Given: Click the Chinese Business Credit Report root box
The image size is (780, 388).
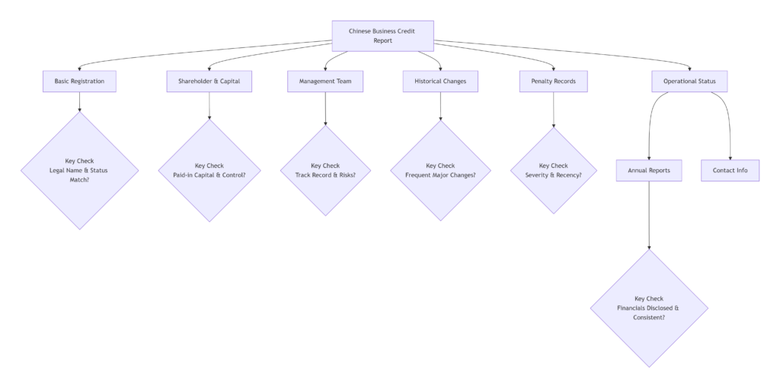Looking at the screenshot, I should pos(382,36).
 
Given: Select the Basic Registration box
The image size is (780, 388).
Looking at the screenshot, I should pos(79,81).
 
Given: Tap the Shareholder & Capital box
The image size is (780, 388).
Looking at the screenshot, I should pos(209,81).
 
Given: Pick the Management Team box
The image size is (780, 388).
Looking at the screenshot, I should pos(325,81).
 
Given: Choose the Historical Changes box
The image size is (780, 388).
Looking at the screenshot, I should pos(440,81).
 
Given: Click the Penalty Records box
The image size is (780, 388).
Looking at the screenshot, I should pos(553,81).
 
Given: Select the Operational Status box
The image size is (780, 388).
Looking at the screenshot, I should pos(689,81).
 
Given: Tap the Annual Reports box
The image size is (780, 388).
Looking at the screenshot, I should pos(649,171).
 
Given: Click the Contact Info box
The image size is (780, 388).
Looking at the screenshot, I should pos(730,171).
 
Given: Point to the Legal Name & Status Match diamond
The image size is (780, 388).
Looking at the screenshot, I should pos(79,171).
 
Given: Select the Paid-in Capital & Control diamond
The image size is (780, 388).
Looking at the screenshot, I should pos(209,171).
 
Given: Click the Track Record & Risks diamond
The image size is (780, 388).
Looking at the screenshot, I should pos(325,171).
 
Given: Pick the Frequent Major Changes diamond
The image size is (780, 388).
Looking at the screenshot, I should pos(440,171).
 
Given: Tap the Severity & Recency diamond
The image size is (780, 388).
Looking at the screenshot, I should pos(553,171).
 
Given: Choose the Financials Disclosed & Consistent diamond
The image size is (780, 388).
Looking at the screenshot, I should pos(649,308).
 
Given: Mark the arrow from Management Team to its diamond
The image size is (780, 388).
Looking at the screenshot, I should pos(325,108).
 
